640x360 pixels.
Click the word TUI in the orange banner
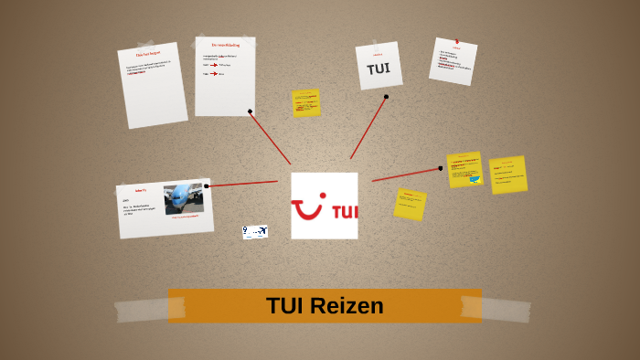pyautogui.click(x=285, y=306)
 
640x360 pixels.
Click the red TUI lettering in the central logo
pyautogui.click(x=344, y=212)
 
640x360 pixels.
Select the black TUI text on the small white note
pyautogui.click(x=379, y=69)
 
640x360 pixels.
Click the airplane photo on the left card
pyautogui.click(x=184, y=197)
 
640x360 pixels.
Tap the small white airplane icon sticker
pyautogui.click(x=255, y=232)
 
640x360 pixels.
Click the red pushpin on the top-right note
pyautogui.click(x=456, y=41)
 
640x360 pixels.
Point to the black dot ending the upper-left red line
pyautogui.click(x=250, y=111)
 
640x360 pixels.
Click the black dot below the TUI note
pyautogui.click(x=386, y=96)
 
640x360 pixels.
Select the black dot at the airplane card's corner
pyautogui.click(x=207, y=185)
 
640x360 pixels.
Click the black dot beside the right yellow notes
pyautogui.click(x=440, y=168)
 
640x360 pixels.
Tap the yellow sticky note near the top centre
pyautogui.click(x=306, y=102)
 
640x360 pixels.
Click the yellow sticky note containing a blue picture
pyautogui.click(x=465, y=170)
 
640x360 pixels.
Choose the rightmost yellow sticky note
pyautogui.click(x=507, y=175)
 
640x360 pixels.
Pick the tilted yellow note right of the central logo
pyautogui.click(x=410, y=204)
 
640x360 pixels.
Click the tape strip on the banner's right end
pyautogui.click(x=506, y=309)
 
